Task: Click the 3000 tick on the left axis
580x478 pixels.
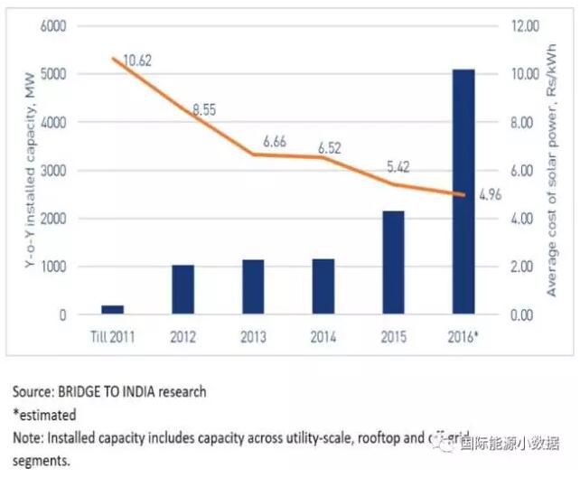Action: [52, 171]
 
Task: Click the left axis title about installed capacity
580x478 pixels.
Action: [17, 170]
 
